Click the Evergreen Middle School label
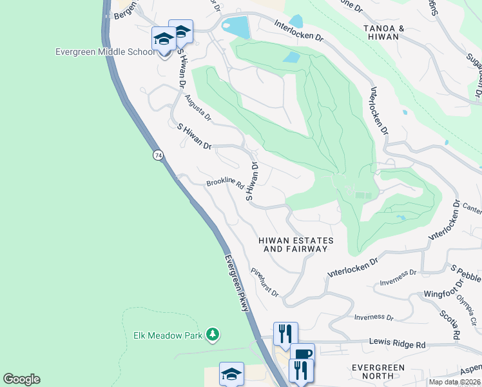(105, 53)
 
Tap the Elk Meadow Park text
(164, 335)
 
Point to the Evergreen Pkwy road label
(236, 283)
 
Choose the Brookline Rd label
(225, 184)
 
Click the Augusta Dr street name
(198, 108)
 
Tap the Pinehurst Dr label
(265, 283)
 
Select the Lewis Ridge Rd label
(398, 344)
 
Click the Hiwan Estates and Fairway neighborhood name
(296, 244)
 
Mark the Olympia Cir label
(466, 300)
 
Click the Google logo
(21, 379)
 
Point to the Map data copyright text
(455, 382)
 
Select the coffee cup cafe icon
(302, 353)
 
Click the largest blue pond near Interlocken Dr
(235, 27)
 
